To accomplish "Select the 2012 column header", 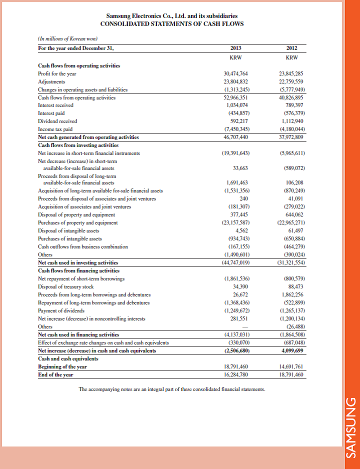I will tap(292, 48).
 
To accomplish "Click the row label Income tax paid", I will tap(54, 129).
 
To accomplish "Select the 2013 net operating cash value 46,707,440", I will tap(237, 136).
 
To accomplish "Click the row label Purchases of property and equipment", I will tap(77, 222).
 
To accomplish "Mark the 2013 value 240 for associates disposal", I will tap(244, 198).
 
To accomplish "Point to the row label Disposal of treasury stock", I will tap(66, 286).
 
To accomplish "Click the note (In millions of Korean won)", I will tap(67, 39).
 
